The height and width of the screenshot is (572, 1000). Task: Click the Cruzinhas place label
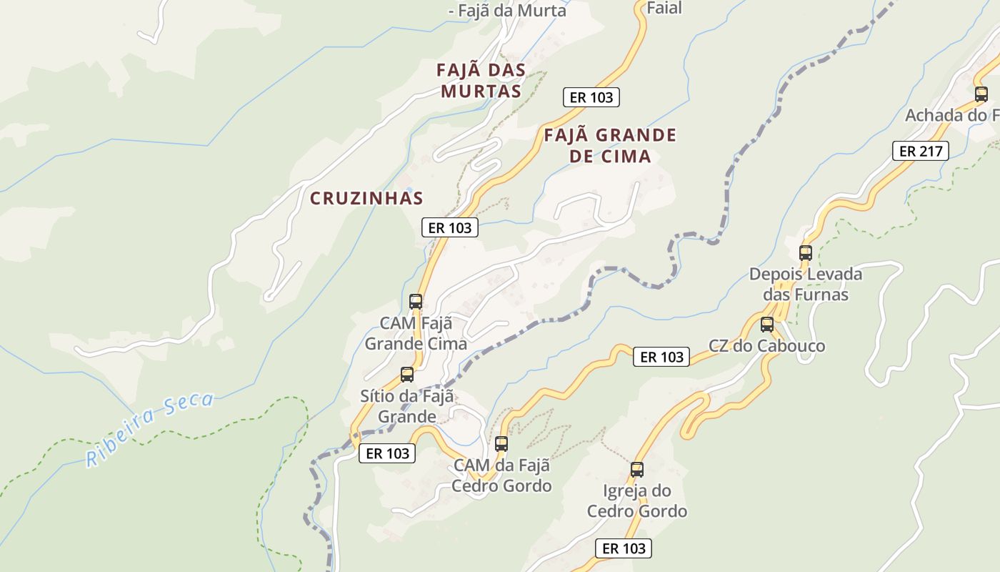[x=366, y=198]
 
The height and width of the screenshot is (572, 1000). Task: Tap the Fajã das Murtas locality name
[x=481, y=81]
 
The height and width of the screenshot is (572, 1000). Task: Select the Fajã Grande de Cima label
[x=610, y=145]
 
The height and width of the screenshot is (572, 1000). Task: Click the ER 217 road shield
[x=920, y=151]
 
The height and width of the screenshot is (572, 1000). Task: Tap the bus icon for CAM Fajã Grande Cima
[x=416, y=302]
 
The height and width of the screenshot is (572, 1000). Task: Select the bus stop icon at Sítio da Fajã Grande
[x=407, y=374]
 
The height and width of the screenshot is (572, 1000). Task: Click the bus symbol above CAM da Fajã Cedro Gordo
[x=501, y=443]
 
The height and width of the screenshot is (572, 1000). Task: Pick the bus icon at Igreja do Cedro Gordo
[x=637, y=470]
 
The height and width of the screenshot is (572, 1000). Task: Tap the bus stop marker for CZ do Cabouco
[x=767, y=325]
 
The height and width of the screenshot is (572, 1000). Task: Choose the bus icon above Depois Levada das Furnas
[x=806, y=252]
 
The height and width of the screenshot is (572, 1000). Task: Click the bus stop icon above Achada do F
[x=981, y=94]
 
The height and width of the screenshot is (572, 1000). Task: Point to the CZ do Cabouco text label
[x=766, y=346]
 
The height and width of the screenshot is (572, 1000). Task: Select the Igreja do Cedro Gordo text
[x=637, y=500]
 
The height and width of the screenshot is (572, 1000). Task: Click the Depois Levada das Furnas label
[x=806, y=284]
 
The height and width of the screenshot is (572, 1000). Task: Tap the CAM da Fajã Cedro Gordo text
[x=501, y=475]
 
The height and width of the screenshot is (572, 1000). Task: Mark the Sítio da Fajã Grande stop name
[x=407, y=406]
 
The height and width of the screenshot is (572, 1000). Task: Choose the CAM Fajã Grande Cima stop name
[x=416, y=333]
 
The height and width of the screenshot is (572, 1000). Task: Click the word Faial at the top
[x=664, y=8]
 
